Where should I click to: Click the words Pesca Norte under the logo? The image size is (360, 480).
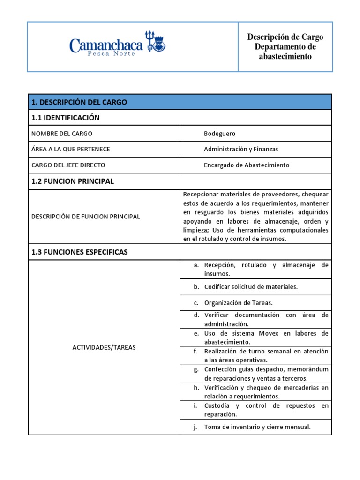[112, 54]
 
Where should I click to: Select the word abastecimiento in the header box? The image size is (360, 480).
[285, 57]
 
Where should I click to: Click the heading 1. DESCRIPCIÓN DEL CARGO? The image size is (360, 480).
[79, 102]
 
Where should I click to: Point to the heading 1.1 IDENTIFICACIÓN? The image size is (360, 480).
[65, 118]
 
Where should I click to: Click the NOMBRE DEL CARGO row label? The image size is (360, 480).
[62, 134]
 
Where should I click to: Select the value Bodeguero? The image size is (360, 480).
[219, 134]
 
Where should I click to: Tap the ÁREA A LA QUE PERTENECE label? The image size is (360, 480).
[70, 149]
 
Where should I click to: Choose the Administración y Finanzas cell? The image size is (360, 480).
[241, 149]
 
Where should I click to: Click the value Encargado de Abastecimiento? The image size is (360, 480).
[247, 165]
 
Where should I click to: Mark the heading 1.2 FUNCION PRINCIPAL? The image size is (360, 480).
[73, 181]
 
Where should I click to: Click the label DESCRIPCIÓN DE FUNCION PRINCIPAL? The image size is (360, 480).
[85, 216]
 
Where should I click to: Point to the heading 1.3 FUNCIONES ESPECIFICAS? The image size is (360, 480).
[79, 252]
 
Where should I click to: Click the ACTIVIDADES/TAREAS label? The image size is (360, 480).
[104, 347]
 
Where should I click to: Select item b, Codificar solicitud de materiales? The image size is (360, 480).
[251, 286]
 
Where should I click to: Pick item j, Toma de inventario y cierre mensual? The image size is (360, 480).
[257, 427]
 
